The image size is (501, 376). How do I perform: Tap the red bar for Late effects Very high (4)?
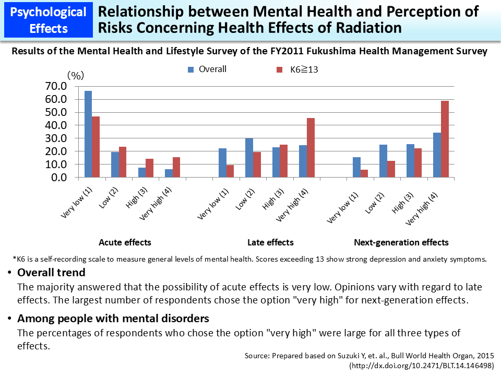(x=311, y=148)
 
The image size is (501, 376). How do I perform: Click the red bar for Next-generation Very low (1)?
(x=364, y=173)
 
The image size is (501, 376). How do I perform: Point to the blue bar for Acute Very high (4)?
(x=169, y=173)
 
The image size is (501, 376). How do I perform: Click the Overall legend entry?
(x=207, y=69)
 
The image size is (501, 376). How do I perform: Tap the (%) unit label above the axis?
(x=76, y=76)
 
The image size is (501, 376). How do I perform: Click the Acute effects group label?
(x=125, y=242)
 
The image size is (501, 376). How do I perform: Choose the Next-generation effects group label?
(x=401, y=242)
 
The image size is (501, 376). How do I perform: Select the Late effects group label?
(x=270, y=242)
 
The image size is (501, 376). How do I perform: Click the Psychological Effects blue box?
(x=48, y=19)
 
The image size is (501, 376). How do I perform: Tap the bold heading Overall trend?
(x=51, y=273)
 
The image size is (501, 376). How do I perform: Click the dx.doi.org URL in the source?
(x=421, y=366)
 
